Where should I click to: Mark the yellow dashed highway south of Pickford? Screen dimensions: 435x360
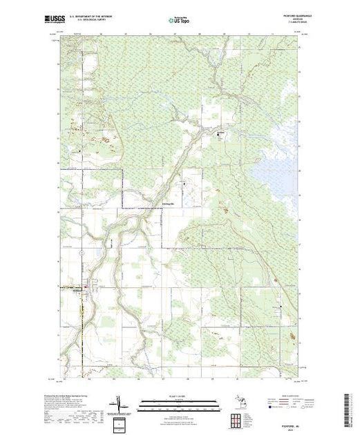(82, 331)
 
